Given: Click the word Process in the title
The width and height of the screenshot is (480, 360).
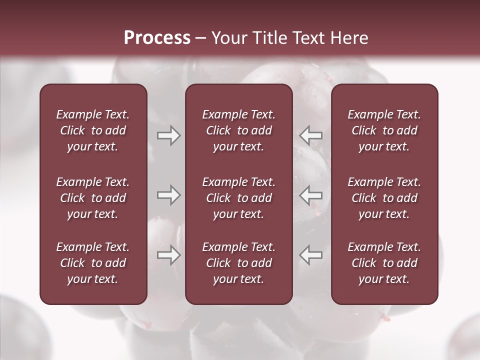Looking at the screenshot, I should point(157,38).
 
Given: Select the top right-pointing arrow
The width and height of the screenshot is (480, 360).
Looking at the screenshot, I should point(168,135).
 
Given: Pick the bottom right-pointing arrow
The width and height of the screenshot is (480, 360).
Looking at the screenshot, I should point(168,255).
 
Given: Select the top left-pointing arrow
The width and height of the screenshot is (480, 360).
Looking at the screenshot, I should point(310,135).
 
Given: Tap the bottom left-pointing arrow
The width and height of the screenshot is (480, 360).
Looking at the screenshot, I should point(310,255).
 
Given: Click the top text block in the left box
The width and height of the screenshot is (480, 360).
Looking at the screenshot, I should point(93,130).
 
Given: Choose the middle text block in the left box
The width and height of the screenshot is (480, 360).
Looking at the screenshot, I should point(93,198).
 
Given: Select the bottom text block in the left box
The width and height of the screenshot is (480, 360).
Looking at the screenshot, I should point(93,263).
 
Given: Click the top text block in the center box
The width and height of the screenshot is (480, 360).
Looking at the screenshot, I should point(239,130).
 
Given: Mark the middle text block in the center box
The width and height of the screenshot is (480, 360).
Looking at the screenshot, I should point(239,198).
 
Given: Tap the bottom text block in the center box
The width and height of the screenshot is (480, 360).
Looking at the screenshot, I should point(239,263).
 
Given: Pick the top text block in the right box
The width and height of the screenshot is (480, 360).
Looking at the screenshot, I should point(384,130).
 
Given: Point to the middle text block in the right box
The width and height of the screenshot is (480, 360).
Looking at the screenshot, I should point(384,198).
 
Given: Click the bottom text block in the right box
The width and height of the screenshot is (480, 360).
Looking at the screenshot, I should point(384,263).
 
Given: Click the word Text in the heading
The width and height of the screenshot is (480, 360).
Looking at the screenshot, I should point(309,38).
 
